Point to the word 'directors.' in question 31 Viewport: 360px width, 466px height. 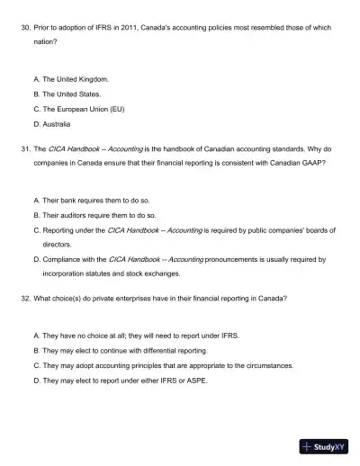point(58,244)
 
